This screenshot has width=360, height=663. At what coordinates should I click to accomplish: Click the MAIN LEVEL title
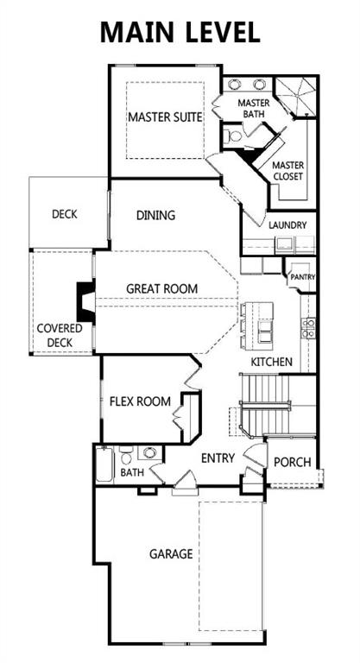click(180, 32)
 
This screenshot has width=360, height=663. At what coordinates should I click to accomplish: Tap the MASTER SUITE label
click(166, 117)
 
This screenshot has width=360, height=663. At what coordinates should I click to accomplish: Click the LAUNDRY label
click(287, 225)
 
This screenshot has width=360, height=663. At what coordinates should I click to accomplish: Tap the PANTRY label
click(303, 277)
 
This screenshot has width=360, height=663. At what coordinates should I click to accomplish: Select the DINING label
click(155, 215)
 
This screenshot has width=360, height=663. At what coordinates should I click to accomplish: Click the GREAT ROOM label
click(162, 288)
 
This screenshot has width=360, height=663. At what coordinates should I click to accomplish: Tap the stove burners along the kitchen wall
click(307, 326)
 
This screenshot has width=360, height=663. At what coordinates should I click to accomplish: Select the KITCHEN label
click(271, 361)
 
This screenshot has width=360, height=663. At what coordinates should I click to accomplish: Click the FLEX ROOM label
click(140, 401)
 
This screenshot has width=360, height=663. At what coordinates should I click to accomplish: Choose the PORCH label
click(292, 462)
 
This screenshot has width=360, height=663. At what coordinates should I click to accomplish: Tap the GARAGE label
click(170, 553)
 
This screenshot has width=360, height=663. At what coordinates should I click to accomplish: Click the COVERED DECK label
click(60, 335)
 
